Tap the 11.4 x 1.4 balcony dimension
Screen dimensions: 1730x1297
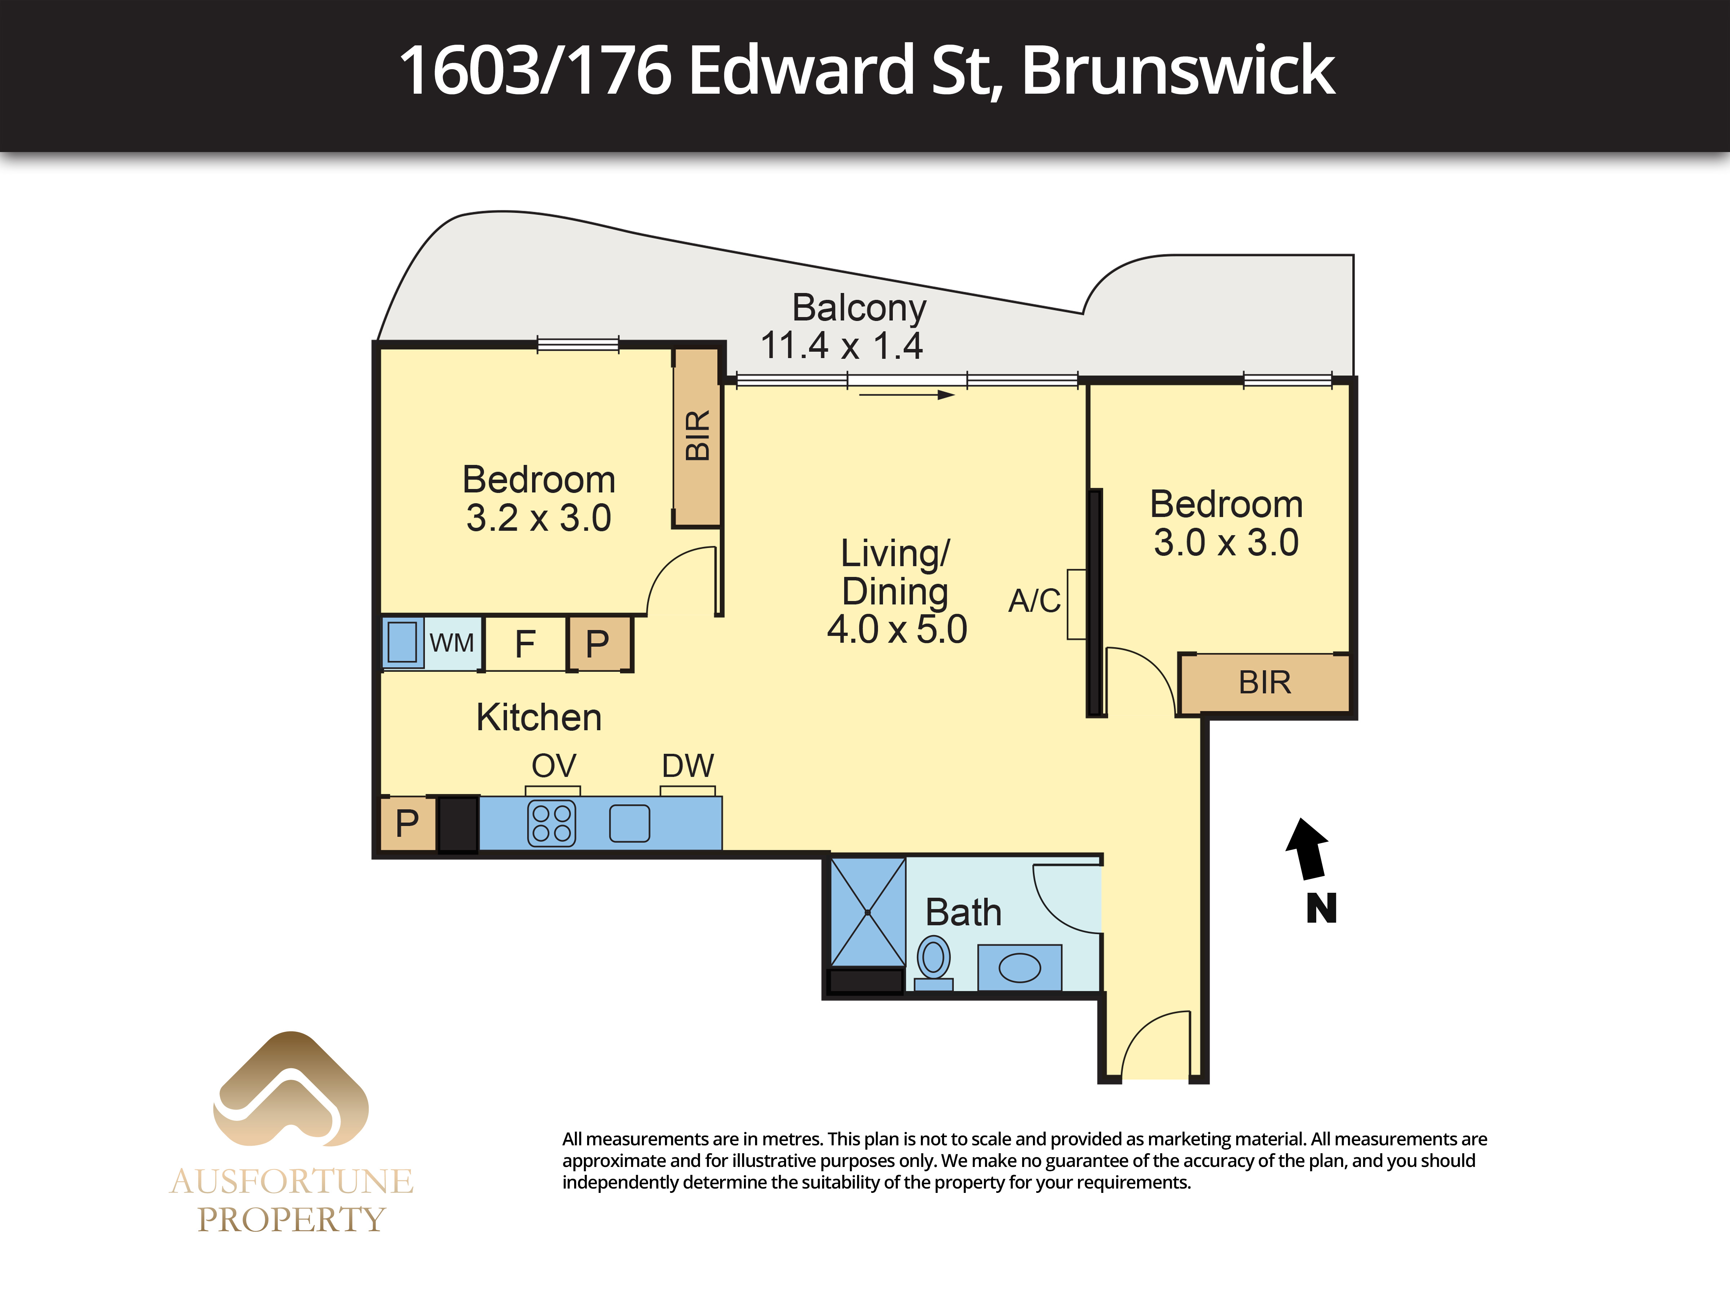842,346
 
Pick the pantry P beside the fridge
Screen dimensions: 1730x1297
599,643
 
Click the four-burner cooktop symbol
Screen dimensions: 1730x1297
552,823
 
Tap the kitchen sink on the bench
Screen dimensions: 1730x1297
630,823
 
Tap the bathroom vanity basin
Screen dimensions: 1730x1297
1020,968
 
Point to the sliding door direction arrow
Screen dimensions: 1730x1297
907,395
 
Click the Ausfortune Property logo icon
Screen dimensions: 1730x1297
291,1089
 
